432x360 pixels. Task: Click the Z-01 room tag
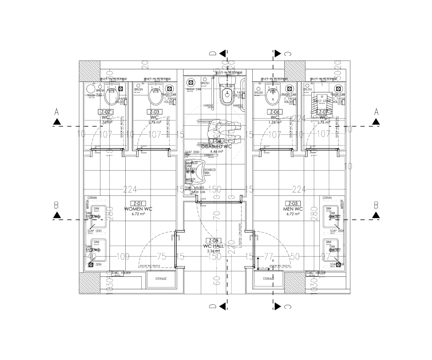[x=138, y=203]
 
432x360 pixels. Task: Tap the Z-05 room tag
[x=292, y=203]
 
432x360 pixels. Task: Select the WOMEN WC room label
[x=138, y=209]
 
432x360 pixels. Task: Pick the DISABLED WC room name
[x=216, y=146]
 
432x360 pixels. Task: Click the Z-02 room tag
[x=106, y=112]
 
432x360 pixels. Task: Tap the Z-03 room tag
[x=154, y=112]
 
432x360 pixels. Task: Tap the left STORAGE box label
[x=161, y=279]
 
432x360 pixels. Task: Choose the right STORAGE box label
[x=269, y=279]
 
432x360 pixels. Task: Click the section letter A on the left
[x=57, y=112]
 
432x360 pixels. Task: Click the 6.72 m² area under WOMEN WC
[x=138, y=214]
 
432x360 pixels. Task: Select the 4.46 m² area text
[x=216, y=151]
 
